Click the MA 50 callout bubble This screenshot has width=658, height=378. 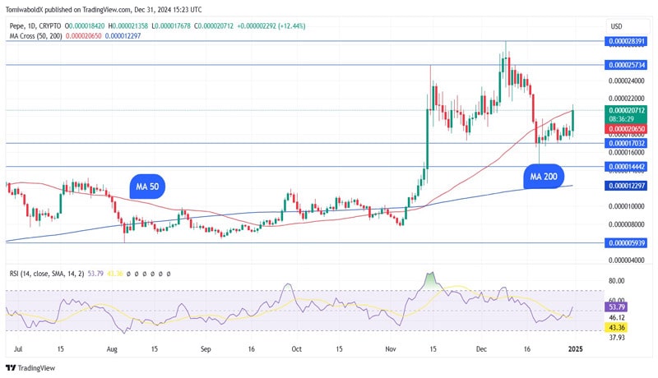click(147, 187)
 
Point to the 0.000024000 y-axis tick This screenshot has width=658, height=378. click(627, 81)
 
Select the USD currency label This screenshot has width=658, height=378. click(615, 25)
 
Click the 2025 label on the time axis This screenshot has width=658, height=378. click(576, 348)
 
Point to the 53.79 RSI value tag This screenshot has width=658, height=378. click(617, 307)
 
